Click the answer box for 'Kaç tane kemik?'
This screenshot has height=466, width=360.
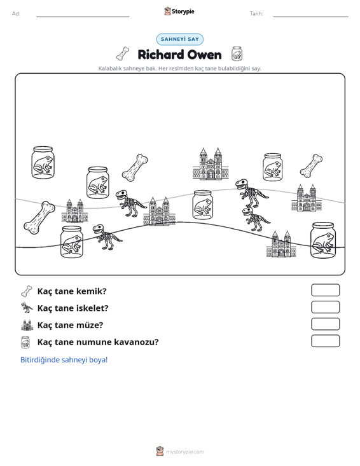click(x=325, y=290)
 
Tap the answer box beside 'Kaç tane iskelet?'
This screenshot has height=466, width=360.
click(x=325, y=307)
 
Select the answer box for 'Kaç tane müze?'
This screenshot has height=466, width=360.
click(x=325, y=324)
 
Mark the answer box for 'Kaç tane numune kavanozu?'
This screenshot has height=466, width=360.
click(x=325, y=341)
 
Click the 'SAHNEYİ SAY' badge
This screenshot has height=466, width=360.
click(x=180, y=39)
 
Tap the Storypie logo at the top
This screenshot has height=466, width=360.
click(x=179, y=11)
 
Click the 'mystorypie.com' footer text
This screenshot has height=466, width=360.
click(x=184, y=452)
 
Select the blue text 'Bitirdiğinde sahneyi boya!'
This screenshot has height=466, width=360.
click(x=64, y=360)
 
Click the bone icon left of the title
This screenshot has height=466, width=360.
click(x=123, y=53)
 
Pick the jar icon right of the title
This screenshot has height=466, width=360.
click(x=237, y=54)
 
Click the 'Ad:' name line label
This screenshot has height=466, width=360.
click(x=16, y=14)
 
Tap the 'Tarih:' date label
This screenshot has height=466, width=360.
click(x=256, y=14)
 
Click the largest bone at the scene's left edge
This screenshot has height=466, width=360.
click(x=39, y=217)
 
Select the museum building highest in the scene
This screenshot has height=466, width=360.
click(x=211, y=164)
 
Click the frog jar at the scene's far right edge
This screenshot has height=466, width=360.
click(x=322, y=240)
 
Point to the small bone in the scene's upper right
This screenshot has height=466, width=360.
click(x=311, y=165)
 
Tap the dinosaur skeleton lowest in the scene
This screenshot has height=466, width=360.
click(x=107, y=237)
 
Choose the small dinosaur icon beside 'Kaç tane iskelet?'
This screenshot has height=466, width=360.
click(x=27, y=308)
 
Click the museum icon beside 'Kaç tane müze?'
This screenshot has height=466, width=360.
click(x=27, y=325)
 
